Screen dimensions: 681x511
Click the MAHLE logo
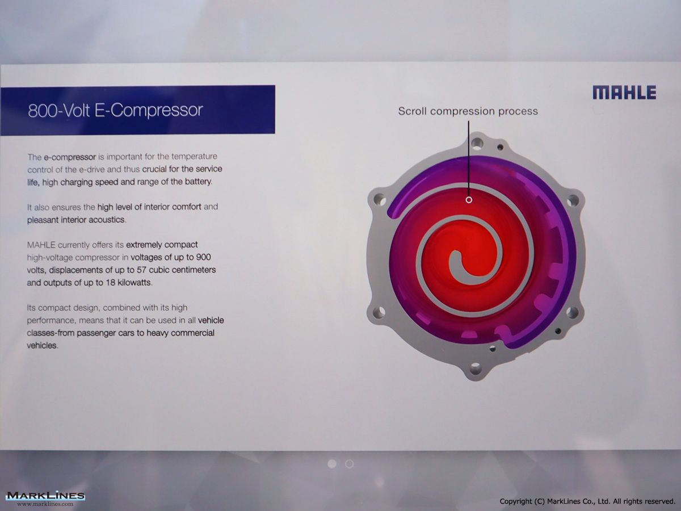[x=624, y=93]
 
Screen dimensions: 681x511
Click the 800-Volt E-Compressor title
[x=115, y=110]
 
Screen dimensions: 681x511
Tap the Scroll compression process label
[x=468, y=111]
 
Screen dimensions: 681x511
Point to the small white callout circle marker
[x=469, y=200]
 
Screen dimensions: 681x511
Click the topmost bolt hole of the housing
[x=477, y=143]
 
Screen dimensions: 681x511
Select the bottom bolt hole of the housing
[x=476, y=369]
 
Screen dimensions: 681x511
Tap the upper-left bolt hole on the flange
[x=380, y=200]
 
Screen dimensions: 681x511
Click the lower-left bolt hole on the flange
[x=379, y=311]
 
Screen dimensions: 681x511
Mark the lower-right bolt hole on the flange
[x=573, y=312]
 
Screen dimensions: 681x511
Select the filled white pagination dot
[x=332, y=464]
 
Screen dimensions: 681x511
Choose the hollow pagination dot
[x=350, y=464]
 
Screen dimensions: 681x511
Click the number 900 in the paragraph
[x=203, y=257]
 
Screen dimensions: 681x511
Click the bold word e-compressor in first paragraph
[x=70, y=157]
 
